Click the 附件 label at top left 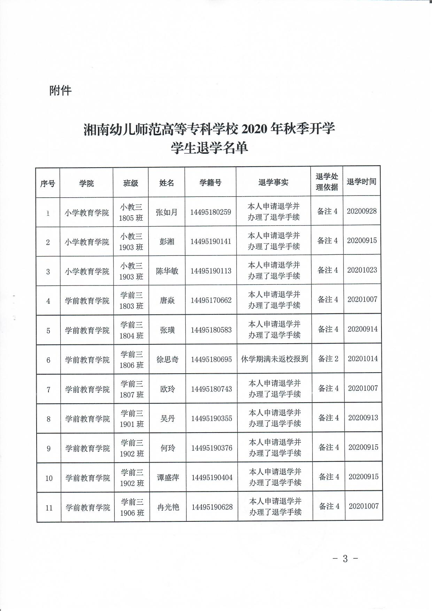coord(60,91)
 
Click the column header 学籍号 coord(210,182)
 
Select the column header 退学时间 coord(361,182)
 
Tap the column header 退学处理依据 coord(326,182)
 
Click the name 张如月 coord(166,212)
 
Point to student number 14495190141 coord(210,241)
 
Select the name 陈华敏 coord(167,271)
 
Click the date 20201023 coord(362,270)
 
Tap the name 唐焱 coord(167,300)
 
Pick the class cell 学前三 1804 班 coord(131,330)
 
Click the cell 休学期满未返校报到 coord(274,359)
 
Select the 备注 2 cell coord(328,359)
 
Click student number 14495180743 coord(211,389)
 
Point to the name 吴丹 coord(167,418)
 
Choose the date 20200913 coord(363,418)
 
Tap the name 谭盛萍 coord(168,478)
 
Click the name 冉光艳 coord(168,507)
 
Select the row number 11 coord(49,508)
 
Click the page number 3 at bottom coord(345,559)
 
